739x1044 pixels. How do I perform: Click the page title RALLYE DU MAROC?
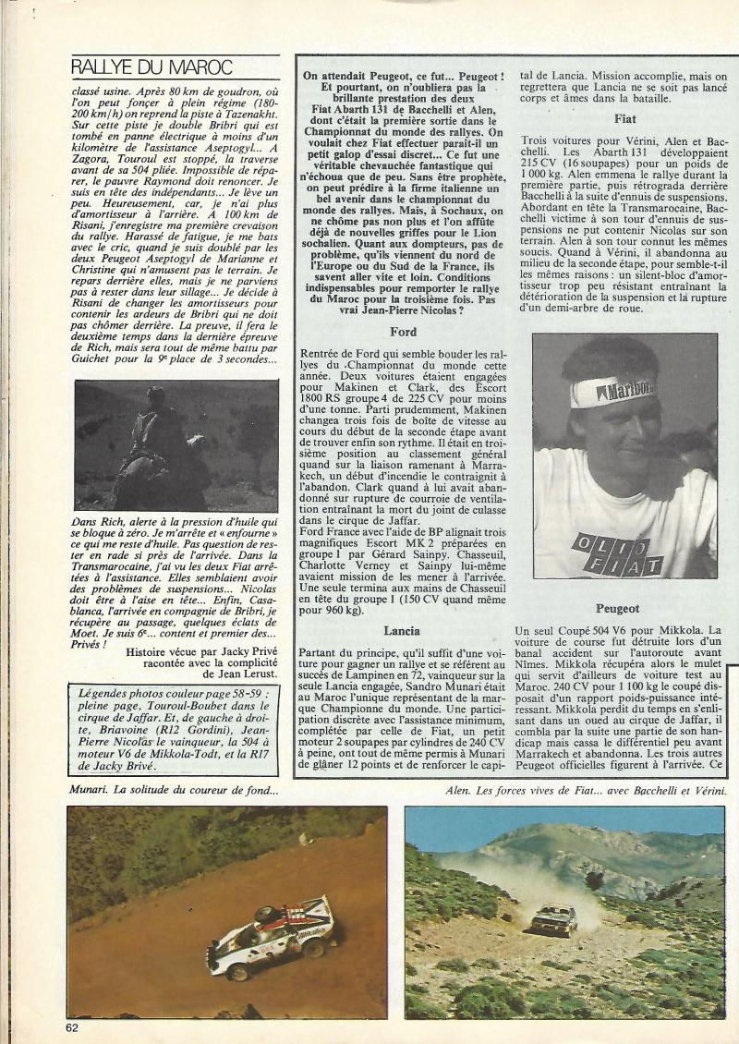[x=151, y=67]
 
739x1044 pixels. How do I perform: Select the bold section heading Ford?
[x=404, y=330]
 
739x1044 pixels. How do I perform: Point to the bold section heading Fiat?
[x=624, y=118]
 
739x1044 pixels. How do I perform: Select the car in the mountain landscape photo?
[x=554, y=918]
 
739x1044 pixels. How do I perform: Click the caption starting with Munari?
[x=174, y=790]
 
